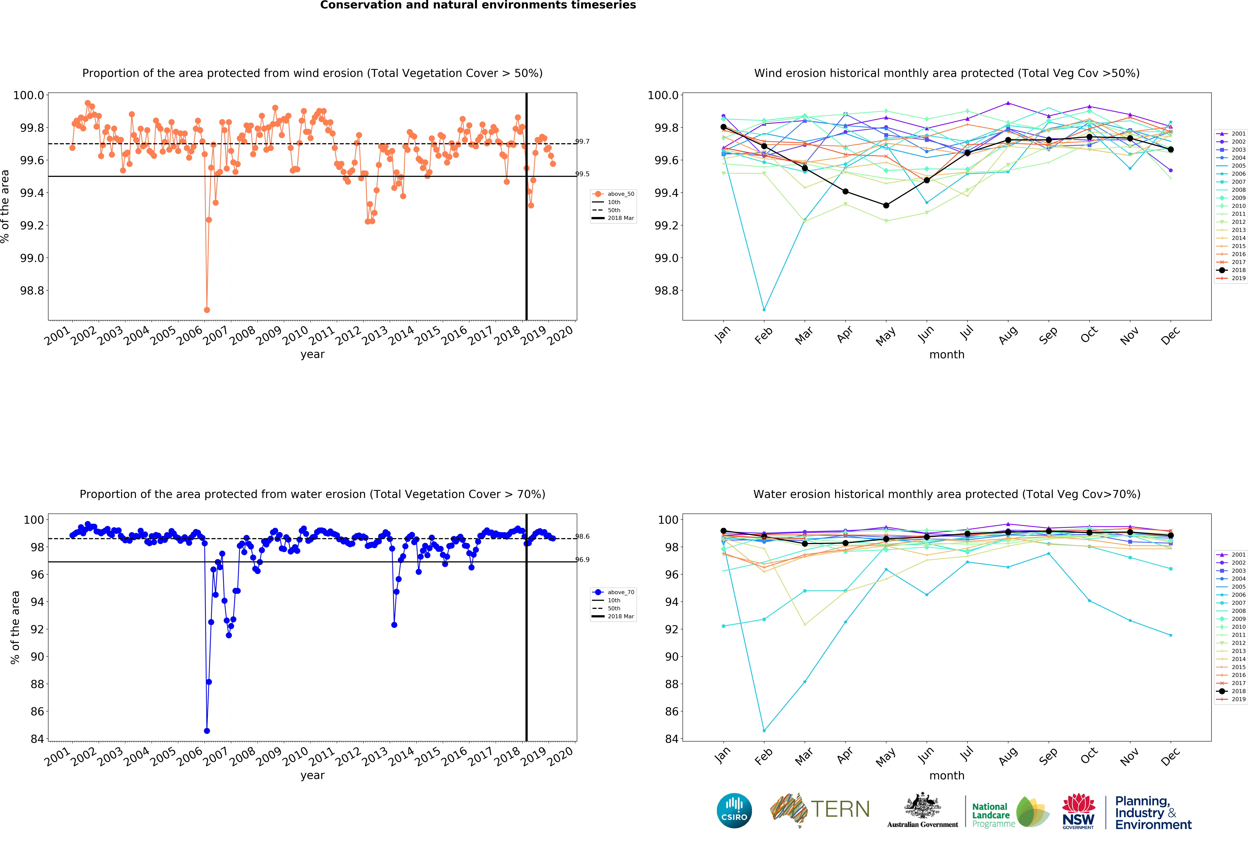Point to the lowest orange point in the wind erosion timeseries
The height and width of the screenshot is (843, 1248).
[207, 310]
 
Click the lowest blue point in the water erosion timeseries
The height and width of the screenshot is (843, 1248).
[207, 731]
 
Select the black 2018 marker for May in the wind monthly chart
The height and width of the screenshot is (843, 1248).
[886, 205]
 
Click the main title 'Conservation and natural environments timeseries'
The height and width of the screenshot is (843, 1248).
[478, 5]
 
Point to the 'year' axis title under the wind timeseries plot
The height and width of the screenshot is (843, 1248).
[312, 354]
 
